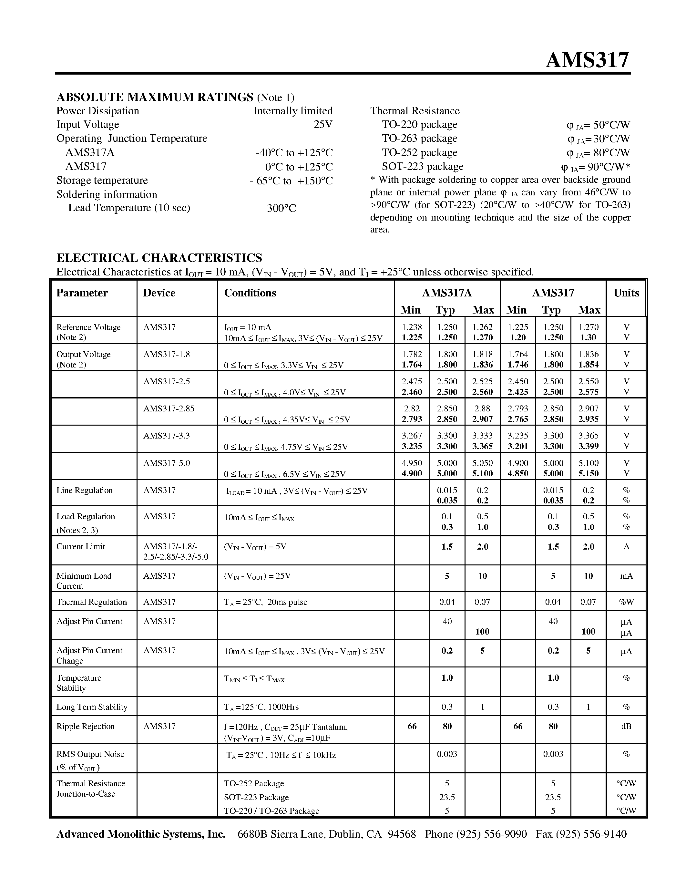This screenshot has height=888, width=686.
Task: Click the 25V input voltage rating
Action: pyautogui.click(x=323, y=124)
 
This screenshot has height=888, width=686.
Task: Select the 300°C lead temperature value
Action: pyautogui.click(x=281, y=208)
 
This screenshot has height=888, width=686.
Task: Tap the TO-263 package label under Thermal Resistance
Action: pyautogui.click(x=419, y=138)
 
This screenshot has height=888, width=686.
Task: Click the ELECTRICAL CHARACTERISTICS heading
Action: pyautogui.click(x=159, y=258)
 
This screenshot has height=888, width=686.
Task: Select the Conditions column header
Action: pyautogui.click(x=250, y=293)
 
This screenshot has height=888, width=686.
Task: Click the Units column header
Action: pyautogui.click(x=626, y=293)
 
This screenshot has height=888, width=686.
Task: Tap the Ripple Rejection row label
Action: pyautogui.click(x=85, y=726)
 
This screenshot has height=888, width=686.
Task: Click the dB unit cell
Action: pyautogui.click(x=626, y=726)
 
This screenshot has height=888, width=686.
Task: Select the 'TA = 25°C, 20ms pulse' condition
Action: pyautogui.click(x=265, y=602)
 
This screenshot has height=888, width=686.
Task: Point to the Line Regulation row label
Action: pyautogui.click(x=85, y=490)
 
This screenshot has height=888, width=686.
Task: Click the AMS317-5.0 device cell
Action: pyautogui.click(x=166, y=463)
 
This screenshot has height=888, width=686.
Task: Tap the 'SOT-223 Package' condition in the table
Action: pyautogui.click(x=256, y=797)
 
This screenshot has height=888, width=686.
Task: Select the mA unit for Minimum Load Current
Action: pyautogui.click(x=626, y=576)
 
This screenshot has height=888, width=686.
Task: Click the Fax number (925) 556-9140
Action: pyautogui.click(x=581, y=834)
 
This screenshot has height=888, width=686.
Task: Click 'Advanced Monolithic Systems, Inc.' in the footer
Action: pyautogui.click(x=141, y=834)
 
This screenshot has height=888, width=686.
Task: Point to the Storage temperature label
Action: pyautogui.click(x=102, y=180)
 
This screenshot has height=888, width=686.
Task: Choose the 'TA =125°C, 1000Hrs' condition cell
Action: pyautogui.click(x=261, y=707)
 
